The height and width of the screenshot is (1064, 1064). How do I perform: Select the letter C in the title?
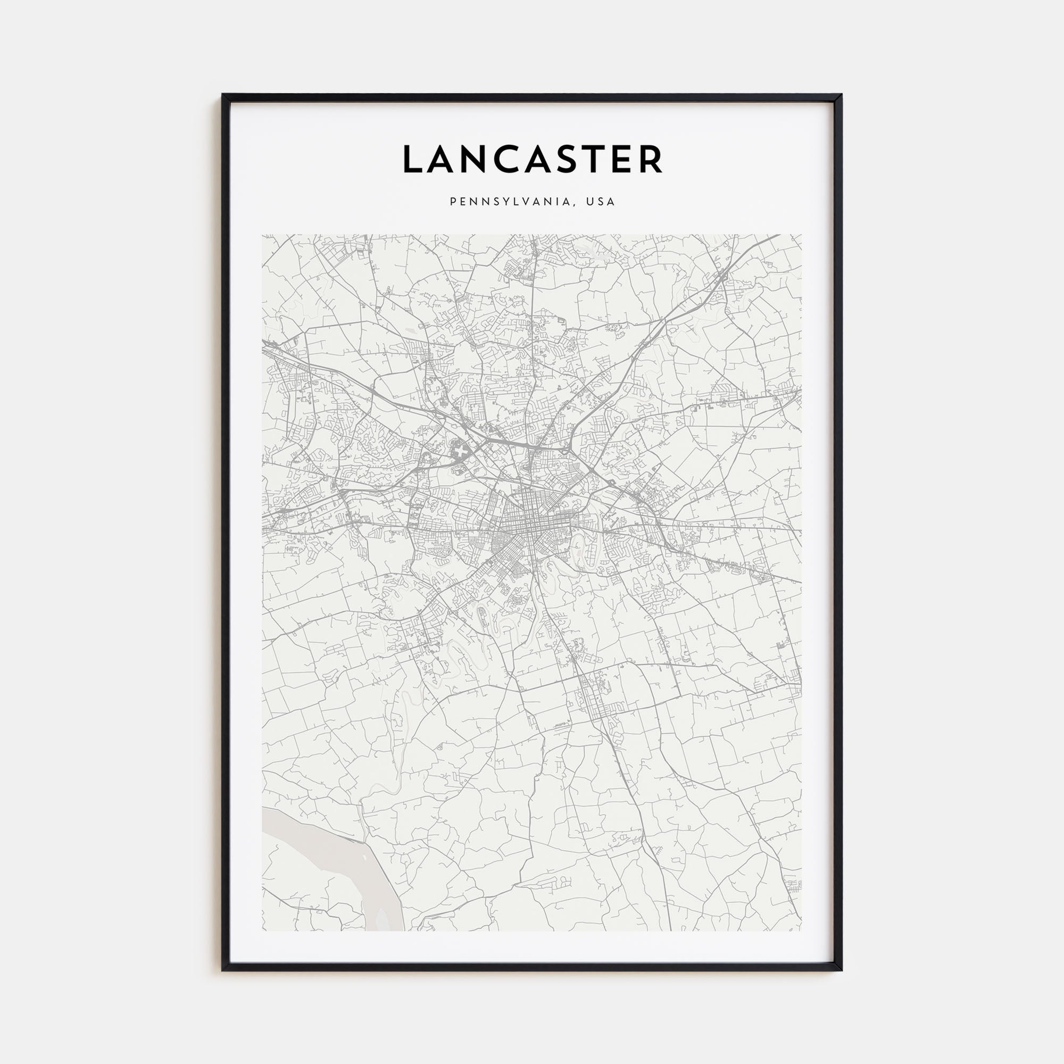(x=510, y=159)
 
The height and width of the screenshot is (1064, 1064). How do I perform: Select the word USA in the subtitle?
(x=600, y=202)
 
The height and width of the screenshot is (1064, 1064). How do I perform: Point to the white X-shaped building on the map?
(x=460, y=452)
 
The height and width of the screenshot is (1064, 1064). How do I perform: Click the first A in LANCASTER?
(x=443, y=159)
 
